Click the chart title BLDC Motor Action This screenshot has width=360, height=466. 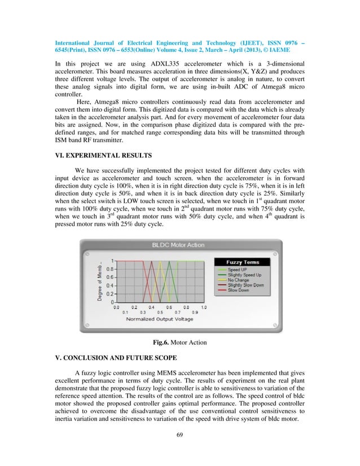(x=180, y=245)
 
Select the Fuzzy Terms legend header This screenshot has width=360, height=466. (x=242, y=262)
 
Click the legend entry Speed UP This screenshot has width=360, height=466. (x=238, y=270)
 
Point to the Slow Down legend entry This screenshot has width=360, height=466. (x=239, y=291)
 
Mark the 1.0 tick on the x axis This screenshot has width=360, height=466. (x=204, y=307)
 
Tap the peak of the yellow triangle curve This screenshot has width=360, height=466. (x=160, y=261)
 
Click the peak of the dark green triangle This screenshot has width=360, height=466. (x=169, y=261)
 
